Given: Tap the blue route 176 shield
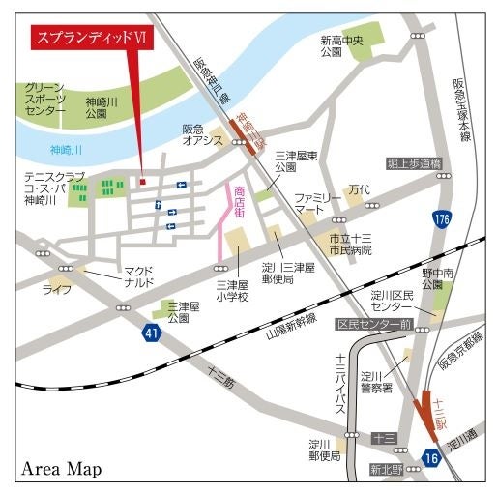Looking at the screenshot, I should point(441,219).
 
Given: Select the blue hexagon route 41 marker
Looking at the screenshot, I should point(151,333).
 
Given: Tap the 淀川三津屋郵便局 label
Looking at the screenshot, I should point(287,272).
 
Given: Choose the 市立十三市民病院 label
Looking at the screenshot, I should point(349,244).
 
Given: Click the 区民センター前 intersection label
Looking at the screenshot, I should point(374,324).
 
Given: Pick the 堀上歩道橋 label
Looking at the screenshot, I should point(413,162).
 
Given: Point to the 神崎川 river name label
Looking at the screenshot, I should point(67,150).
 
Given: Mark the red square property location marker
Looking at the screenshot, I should point(143,180).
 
